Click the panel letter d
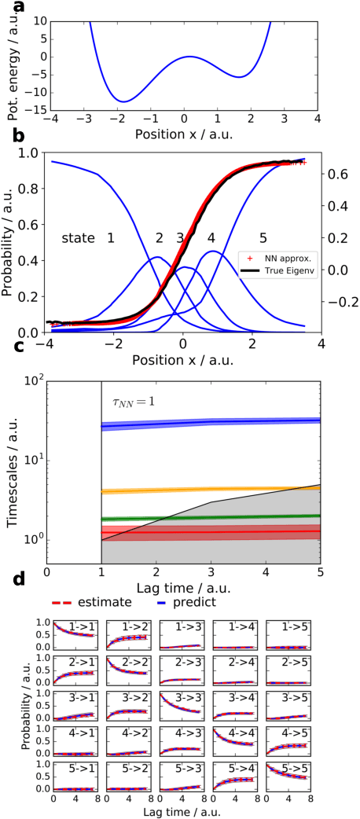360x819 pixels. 9,582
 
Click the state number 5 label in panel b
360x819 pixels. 263,237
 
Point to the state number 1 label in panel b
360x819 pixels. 111,237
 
